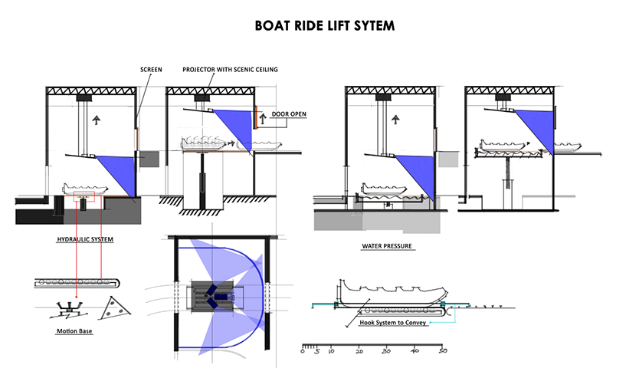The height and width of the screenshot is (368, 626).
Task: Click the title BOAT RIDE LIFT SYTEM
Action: (325, 25)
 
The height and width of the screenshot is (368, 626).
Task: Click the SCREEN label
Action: (151, 69)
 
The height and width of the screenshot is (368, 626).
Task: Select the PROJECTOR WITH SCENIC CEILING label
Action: (230, 69)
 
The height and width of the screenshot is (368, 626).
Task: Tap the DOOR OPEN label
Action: (289, 114)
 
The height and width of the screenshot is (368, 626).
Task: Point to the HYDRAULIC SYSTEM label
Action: (85, 239)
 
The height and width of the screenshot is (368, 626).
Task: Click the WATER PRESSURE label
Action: (387, 248)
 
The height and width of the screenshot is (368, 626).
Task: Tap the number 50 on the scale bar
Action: (443, 351)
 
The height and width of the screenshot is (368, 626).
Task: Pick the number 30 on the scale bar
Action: (387, 351)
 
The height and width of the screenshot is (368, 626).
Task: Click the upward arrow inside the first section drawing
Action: (96, 119)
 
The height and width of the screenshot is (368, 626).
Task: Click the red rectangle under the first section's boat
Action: (85, 199)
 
